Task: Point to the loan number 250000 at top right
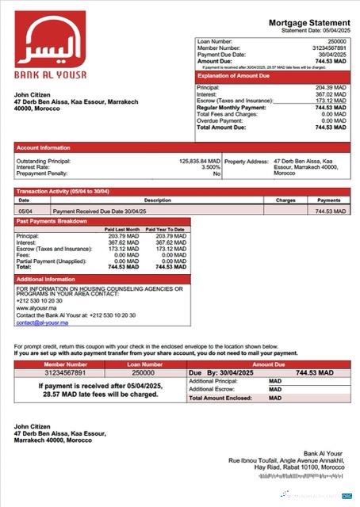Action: pyautogui.click(x=337, y=40)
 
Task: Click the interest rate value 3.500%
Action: pyautogui.click(x=210, y=167)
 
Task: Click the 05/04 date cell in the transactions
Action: pyautogui.click(x=25, y=212)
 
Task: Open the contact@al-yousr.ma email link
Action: pyautogui.click(x=37, y=322)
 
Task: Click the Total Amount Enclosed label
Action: pyautogui.click(x=220, y=398)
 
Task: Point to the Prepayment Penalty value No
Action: pyautogui.click(x=216, y=173)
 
